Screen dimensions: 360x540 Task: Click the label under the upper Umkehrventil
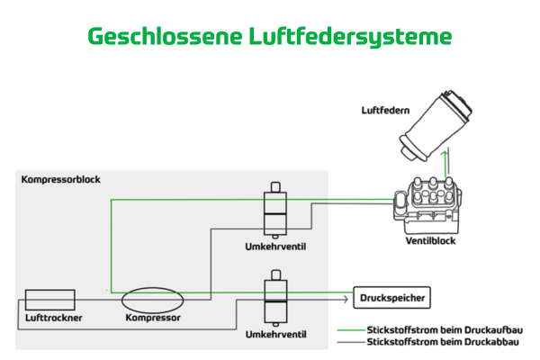(274, 246)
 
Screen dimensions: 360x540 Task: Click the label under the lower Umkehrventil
(274, 335)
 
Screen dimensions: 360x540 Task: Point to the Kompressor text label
(152, 318)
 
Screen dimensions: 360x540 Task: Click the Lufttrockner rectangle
(49, 300)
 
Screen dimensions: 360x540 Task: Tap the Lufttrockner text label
(49, 318)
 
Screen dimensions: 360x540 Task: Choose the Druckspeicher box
(390, 296)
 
